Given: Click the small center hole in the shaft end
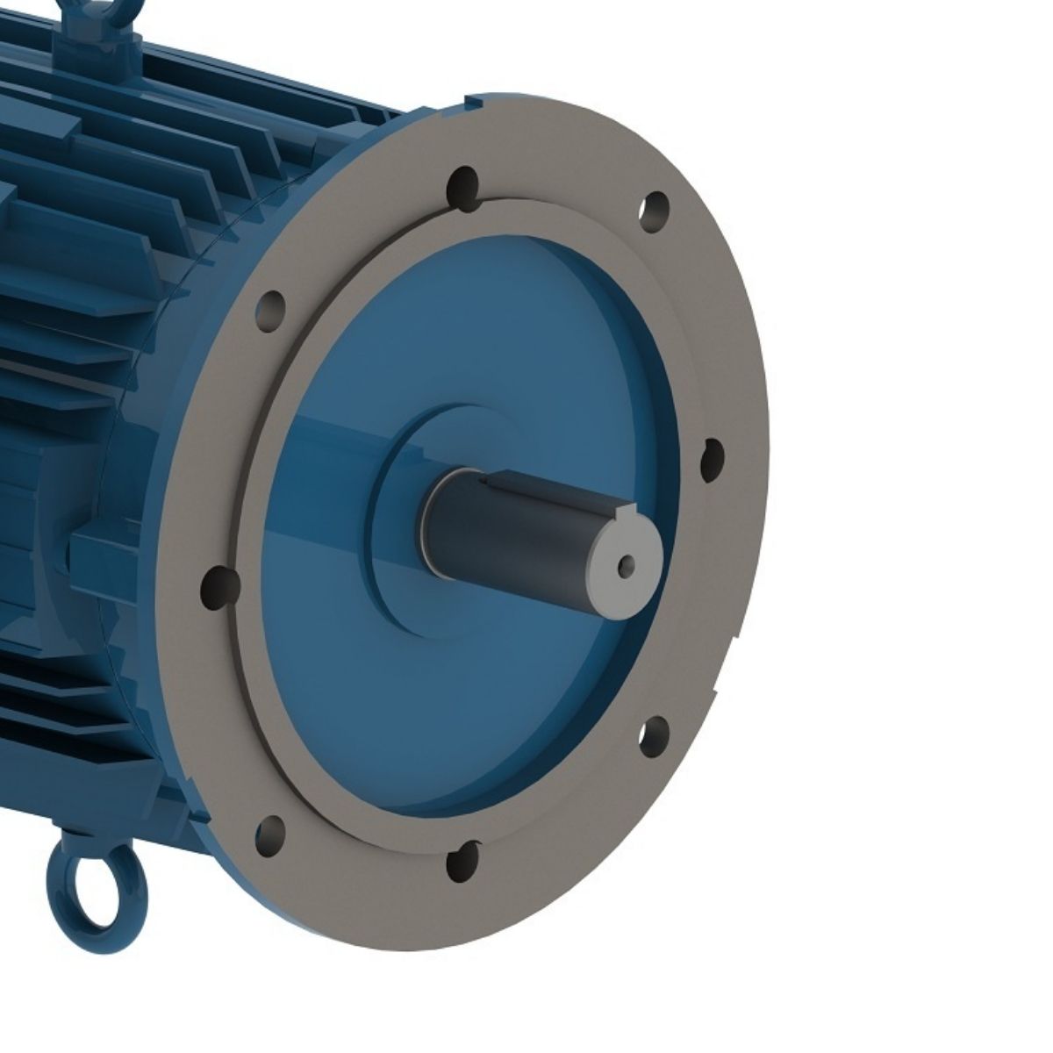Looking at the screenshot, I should (626, 562).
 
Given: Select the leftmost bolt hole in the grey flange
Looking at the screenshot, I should (219, 584).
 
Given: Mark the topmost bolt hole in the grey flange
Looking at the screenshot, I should (462, 185).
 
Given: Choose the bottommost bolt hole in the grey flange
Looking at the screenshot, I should (462, 861).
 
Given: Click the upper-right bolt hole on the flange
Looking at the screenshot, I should (652, 211).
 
